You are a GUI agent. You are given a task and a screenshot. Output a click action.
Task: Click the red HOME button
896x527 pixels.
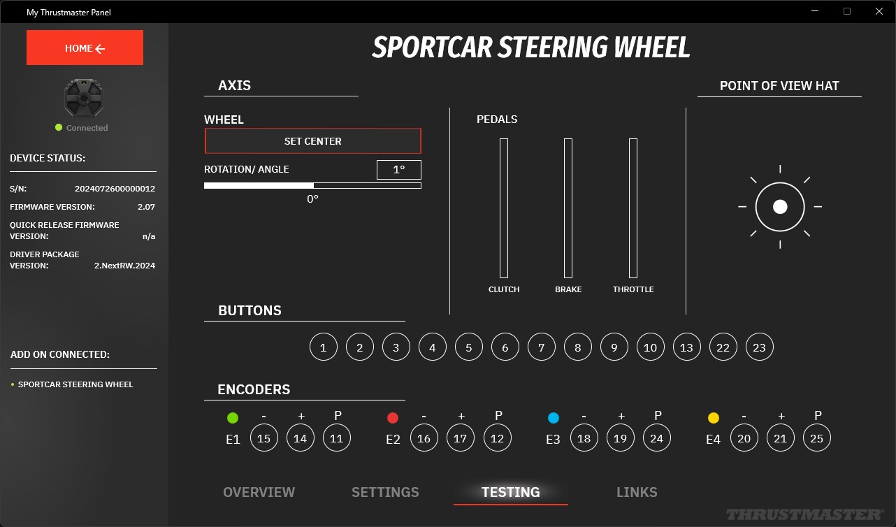[x=85, y=48]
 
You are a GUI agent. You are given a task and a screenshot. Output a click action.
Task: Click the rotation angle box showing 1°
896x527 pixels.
[x=399, y=170]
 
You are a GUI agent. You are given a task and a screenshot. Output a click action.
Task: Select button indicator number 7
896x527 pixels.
[x=541, y=347]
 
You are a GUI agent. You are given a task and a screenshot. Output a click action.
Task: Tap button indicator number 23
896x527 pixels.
[x=759, y=347]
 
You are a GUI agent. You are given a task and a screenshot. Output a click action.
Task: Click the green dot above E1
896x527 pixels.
[x=233, y=418]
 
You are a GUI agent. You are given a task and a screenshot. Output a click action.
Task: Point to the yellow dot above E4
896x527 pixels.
[x=713, y=418]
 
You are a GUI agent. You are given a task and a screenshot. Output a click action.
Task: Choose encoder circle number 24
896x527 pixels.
[x=656, y=438]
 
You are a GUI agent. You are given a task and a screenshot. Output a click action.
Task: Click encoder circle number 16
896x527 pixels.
[x=424, y=438]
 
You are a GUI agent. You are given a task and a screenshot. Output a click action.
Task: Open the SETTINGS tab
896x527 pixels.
[x=385, y=492]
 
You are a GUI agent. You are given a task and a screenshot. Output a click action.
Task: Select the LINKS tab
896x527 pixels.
[x=637, y=492]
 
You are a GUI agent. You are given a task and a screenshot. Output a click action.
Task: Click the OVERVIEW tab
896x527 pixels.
[x=259, y=492]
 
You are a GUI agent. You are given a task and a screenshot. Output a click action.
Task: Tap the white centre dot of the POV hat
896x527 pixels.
[x=780, y=207]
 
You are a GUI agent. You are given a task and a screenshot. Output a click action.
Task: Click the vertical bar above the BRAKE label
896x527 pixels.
[x=568, y=208]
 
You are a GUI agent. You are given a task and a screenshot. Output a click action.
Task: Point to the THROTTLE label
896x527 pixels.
[x=633, y=289]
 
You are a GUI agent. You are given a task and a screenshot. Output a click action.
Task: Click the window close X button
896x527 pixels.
[x=879, y=11]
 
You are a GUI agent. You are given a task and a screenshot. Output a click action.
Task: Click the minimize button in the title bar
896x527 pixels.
[x=815, y=11]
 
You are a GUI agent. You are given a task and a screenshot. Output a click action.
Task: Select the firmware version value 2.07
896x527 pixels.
[x=146, y=207]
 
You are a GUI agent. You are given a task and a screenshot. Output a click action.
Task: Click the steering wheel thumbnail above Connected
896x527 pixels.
[x=84, y=98]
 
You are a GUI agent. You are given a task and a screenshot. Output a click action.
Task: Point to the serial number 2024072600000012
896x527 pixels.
[x=115, y=189]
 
